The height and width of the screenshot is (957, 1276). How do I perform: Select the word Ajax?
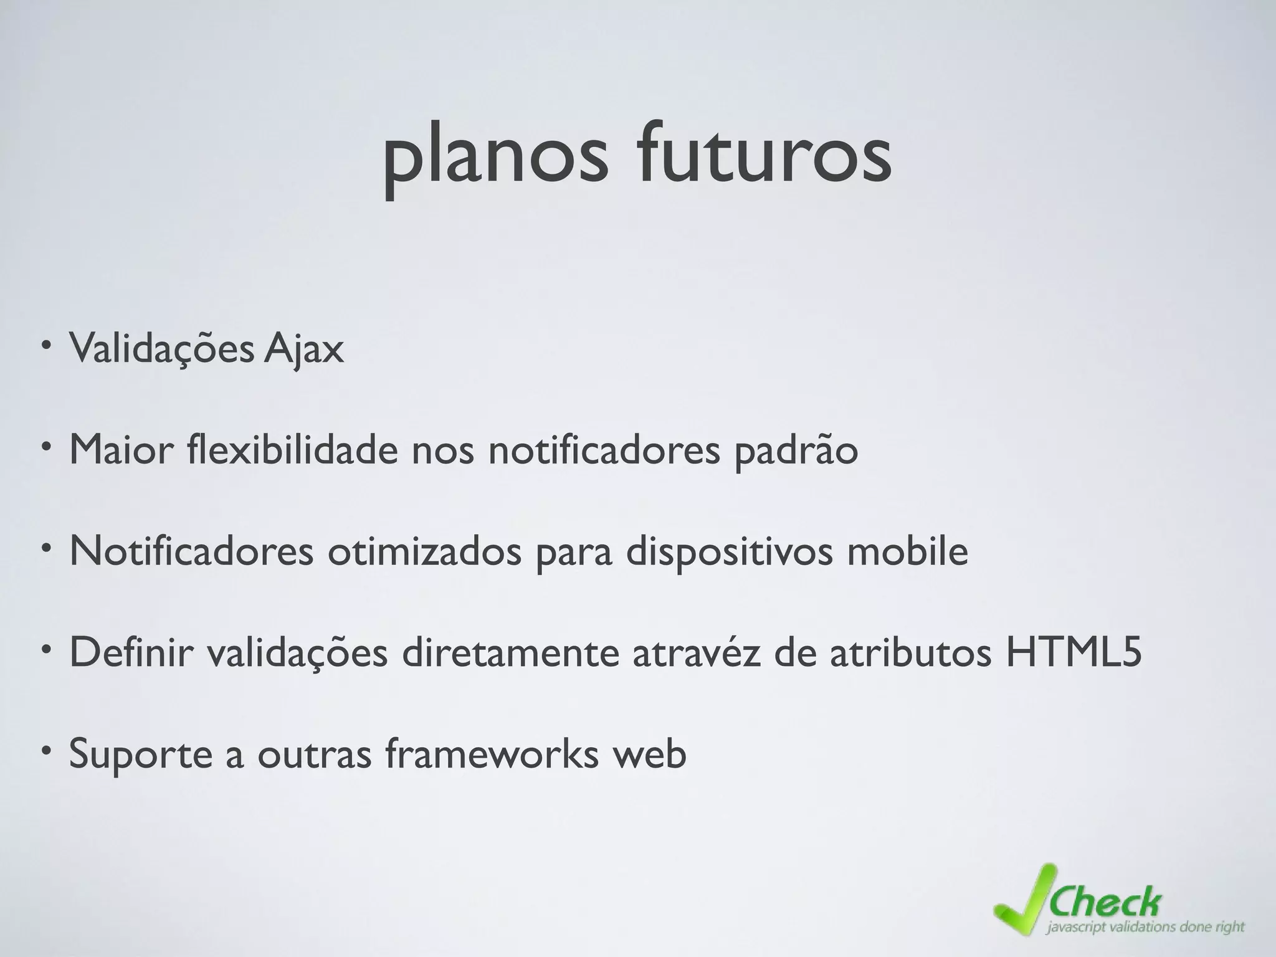pyautogui.click(x=303, y=350)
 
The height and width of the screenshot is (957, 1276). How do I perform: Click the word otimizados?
pyautogui.click(x=424, y=551)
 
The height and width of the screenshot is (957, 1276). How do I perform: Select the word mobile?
pyautogui.click(x=907, y=551)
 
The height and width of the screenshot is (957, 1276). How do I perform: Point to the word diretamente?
pyautogui.click(x=510, y=652)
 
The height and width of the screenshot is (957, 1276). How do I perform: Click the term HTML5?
pyautogui.click(x=1074, y=652)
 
